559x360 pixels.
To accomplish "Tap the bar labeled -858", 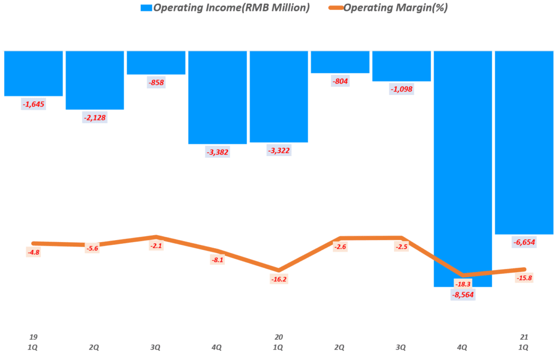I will tap(156, 62).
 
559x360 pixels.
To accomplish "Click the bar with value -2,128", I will tap(94, 80).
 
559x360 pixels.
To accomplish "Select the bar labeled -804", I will tap(340, 62).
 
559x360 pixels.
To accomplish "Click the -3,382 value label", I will tap(217, 152).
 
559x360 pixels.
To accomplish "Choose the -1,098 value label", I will tap(401, 89).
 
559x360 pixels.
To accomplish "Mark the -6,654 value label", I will tap(524, 242).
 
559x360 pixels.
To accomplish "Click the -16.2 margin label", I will tap(278, 279).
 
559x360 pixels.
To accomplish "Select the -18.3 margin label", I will tap(463, 284).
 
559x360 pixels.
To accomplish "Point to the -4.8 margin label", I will tap(34, 252).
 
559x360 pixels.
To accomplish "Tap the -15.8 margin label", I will tap(524, 278).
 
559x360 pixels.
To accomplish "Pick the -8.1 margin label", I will tap(217, 260).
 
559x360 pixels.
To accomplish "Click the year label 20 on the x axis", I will tap(278, 337).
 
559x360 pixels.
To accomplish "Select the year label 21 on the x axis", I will tap(524, 337).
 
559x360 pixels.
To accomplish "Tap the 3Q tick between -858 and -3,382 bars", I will tap(156, 347).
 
